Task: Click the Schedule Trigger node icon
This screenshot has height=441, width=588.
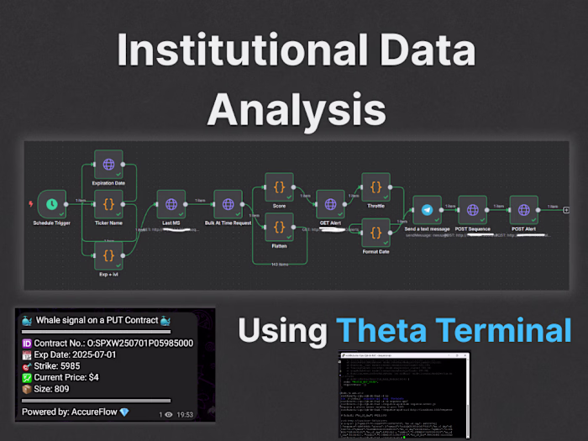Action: click(x=52, y=204)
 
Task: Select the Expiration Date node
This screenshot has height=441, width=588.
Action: click(x=108, y=165)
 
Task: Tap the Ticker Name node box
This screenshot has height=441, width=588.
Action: click(x=108, y=204)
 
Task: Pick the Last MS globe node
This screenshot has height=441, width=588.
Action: click(x=171, y=204)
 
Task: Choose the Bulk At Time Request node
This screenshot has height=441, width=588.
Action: click(x=228, y=204)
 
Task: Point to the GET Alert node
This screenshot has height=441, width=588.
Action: click(x=330, y=204)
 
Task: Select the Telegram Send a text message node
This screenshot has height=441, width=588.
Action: click(x=427, y=209)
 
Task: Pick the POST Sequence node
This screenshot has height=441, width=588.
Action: click(x=472, y=209)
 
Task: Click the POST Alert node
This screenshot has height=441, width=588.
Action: click(x=524, y=209)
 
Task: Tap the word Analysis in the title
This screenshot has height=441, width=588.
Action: click(x=297, y=108)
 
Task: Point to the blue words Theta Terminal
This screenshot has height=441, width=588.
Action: click(x=454, y=329)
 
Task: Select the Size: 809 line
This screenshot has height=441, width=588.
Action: click(x=53, y=390)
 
